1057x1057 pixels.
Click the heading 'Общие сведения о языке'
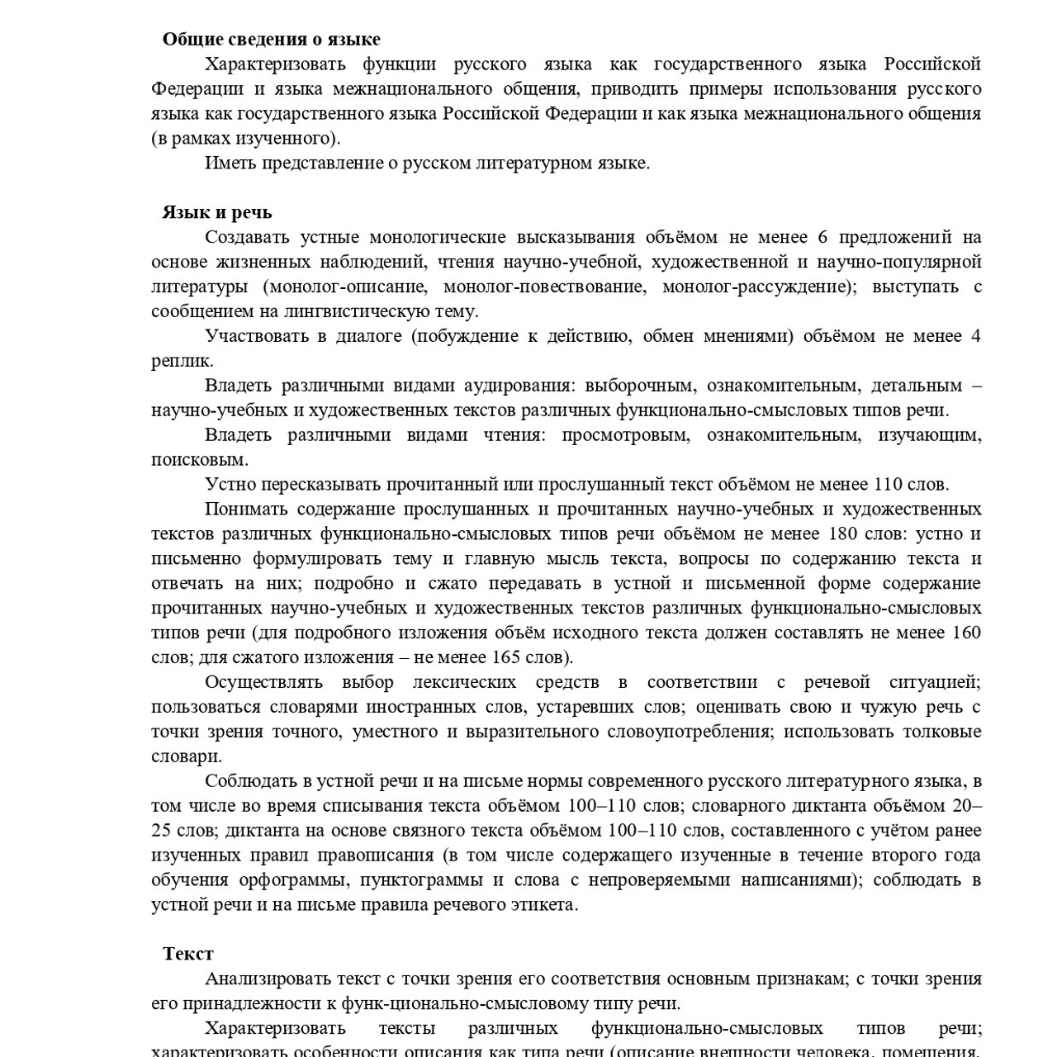pos(271,39)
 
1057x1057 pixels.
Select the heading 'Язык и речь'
pos(217,212)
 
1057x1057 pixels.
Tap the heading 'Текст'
pos(188,954)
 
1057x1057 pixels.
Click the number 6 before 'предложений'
pos(822,237)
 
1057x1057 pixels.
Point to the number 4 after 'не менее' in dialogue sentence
pos(976,336)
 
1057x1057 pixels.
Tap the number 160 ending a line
pos(966,633)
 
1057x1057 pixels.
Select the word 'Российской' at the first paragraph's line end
pos(932,64)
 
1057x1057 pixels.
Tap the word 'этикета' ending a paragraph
pos(543,904)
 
